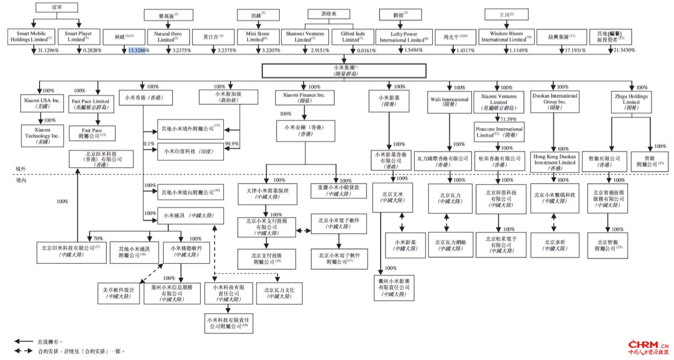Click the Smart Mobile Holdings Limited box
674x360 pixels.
[31, 37]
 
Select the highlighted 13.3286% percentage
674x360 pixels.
[138, 51]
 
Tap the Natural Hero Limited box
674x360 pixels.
[168, 37]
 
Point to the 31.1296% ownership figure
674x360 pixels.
[48, 51]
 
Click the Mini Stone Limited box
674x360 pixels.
[257, 37]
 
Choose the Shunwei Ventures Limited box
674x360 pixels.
[305, 37]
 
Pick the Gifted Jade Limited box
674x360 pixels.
[353, 37]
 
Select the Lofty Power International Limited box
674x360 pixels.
[404, 37]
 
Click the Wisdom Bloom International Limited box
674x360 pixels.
[506, 37]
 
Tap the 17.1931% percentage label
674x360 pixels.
[575, 51]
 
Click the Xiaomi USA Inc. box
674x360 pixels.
[42, 103]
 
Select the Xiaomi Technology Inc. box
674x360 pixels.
[42, 136]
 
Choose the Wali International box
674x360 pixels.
[449, 102]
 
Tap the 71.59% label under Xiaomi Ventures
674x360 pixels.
[508, 119]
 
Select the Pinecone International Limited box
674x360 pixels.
[499, 132]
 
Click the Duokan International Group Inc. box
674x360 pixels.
[554, 101]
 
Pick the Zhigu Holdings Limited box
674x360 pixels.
[631, 102]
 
